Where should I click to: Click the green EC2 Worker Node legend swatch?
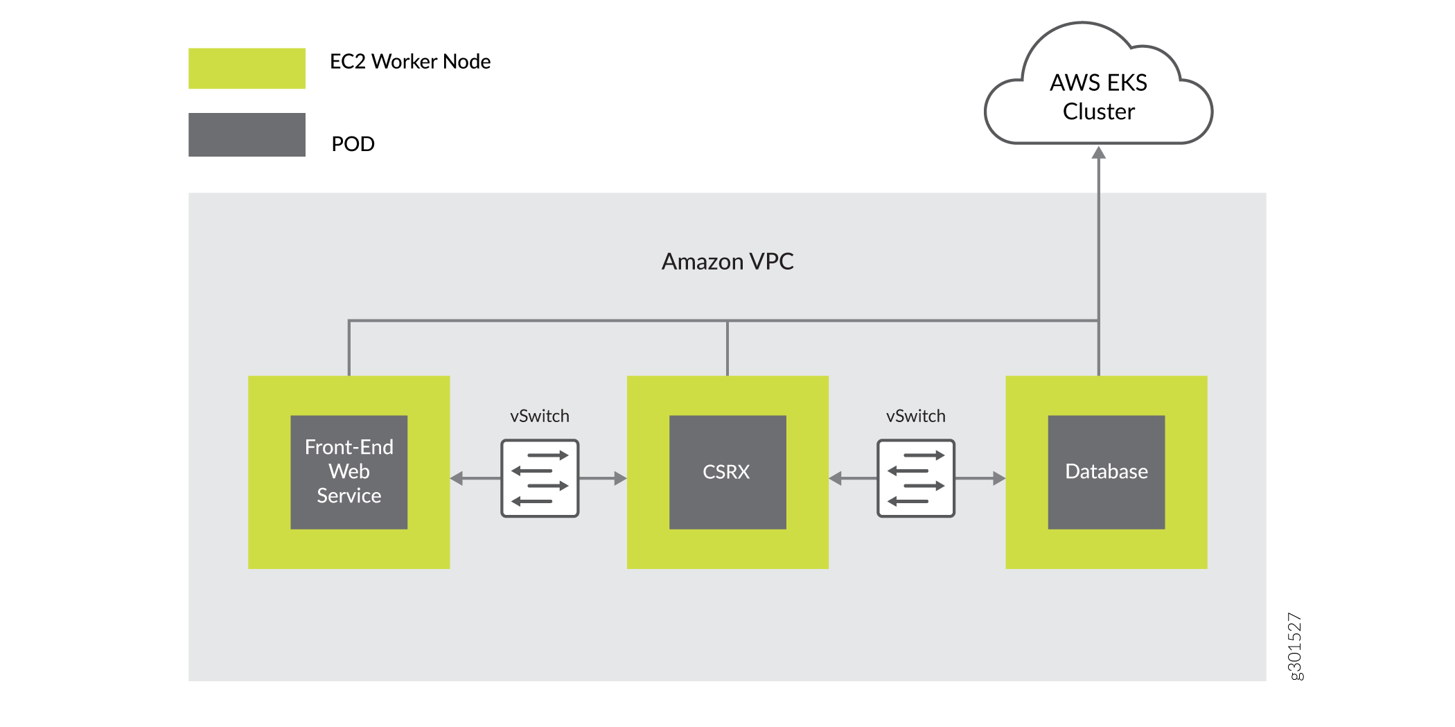pos(247,68)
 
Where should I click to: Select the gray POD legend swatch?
pos(247,134)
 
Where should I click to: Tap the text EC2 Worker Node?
pos(410,62)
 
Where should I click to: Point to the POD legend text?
pos(353,144)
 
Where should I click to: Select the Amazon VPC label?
pos(727,261)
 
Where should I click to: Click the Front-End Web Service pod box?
pos(349,472)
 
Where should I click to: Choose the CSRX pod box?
pos(727,472)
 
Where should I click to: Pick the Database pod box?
pos(1106,472)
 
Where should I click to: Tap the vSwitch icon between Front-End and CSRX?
pos(540,478)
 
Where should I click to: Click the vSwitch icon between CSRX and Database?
pos(916,478)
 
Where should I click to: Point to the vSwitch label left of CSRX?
pos(540,416)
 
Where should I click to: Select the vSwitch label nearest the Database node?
pos(916,416)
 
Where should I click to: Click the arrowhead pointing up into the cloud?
pos(1098,152)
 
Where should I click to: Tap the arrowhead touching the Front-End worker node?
pos(457,478)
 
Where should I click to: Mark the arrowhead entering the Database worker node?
pos(998,478)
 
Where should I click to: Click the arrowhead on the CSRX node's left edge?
pos(620,478)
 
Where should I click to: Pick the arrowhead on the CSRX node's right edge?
pos(836,478)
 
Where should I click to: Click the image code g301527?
pos(1294,647)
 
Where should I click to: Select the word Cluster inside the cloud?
pos(1099,112)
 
